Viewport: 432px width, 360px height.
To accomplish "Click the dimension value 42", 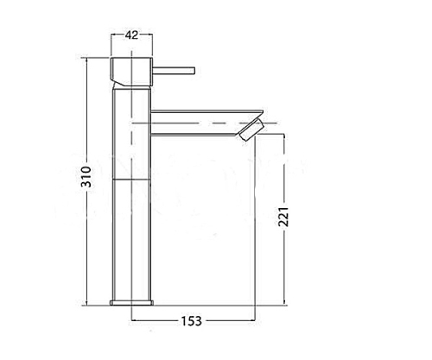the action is click(131, 35).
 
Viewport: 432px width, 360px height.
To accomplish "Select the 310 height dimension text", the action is click(86, 177).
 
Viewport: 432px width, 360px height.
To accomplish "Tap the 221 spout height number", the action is click(283, 217).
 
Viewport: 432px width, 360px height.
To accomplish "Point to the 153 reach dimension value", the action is click(192, 321).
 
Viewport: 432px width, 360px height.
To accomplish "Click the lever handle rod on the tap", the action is click(174, 71).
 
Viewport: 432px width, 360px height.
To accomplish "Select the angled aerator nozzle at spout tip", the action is click(251, 129).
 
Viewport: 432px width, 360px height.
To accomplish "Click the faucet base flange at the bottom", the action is click(131, 302).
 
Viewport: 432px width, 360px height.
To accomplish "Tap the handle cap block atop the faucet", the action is click(131, 72).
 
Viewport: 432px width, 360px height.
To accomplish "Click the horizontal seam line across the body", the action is click(131, 180).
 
